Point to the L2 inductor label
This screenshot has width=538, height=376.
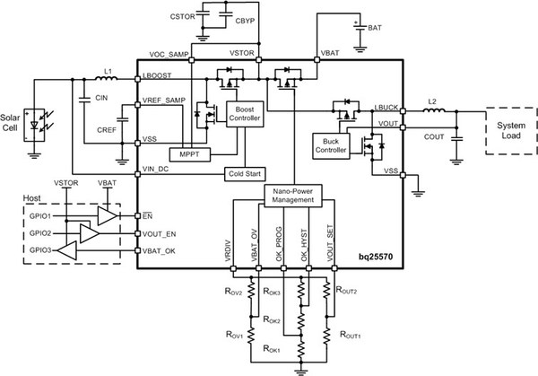point(432,101)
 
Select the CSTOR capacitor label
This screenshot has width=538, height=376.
point(182,17)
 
